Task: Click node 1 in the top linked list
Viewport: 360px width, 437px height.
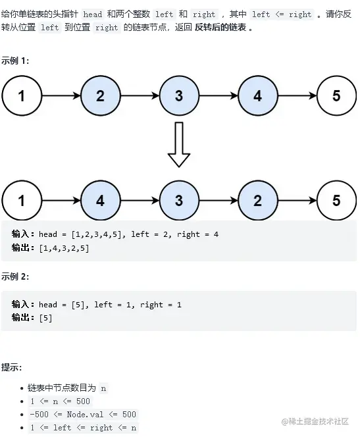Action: (21, 96)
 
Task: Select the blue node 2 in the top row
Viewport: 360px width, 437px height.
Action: (100, 96)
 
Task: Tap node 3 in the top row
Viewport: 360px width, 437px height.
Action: (179, 96)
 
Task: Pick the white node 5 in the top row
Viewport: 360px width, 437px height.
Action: (336, 96)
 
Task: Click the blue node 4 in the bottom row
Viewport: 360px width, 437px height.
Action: (100, 200)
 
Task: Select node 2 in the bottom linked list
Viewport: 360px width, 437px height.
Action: (257, 200)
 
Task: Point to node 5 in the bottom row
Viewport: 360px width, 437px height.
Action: (336, 200)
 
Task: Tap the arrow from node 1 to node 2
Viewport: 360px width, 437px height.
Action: (61, 96)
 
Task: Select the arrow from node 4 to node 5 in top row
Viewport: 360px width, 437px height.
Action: (297, 96)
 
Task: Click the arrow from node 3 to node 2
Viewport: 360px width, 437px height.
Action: (218, 200)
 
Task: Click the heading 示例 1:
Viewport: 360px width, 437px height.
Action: (15, 61)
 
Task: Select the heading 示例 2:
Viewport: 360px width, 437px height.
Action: (15, 276)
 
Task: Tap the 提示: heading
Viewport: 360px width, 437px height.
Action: (11, 367)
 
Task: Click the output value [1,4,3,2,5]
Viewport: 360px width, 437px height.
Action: (64, 248)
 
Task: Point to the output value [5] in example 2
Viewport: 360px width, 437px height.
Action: (46, 318)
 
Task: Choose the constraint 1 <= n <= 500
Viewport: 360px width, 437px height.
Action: (61, 401)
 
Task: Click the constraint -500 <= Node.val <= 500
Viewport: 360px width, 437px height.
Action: (83, 414)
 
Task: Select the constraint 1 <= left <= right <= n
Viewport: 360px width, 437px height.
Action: (84, 427)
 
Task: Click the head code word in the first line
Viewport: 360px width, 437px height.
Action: (93, 14)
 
